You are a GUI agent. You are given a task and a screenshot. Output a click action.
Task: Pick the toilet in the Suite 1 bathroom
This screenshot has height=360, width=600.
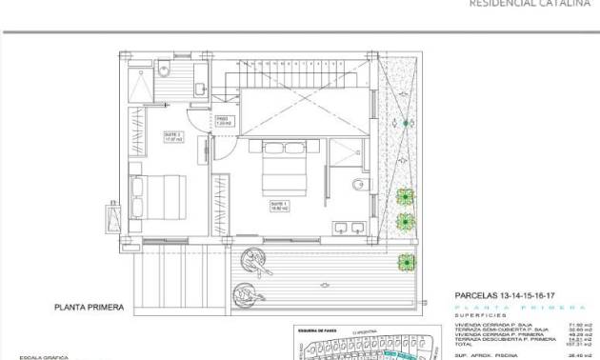coord(358,184)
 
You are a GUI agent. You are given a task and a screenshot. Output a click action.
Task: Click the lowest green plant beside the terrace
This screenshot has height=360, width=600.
coord(407,260)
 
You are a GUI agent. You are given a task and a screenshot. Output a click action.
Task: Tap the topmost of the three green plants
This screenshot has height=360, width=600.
coord(407,197)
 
